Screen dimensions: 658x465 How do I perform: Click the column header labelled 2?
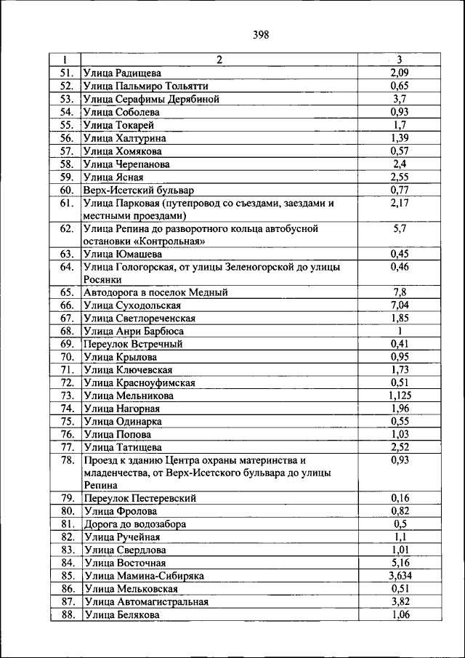[x=219, y=60]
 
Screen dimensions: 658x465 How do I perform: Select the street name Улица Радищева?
[x=122, y=73]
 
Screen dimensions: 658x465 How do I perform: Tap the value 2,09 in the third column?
[x=400, y=73]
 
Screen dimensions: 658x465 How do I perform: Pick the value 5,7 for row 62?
[x=400, y=229]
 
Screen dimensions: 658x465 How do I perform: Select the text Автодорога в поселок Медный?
[x=155, y=292]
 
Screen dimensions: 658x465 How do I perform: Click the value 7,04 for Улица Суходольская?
[x=400, y=305]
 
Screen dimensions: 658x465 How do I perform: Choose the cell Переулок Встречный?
[x=133, y=345]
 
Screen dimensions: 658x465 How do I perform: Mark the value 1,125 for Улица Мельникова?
[x=400, y=396]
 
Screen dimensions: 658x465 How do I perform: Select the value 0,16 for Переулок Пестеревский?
[x=400, y=499]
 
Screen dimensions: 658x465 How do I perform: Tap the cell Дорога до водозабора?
[x=134, y=524]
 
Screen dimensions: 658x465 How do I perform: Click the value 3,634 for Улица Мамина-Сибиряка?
[x=400, y=576]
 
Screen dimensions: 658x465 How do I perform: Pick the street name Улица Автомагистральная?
[x=145, y=602]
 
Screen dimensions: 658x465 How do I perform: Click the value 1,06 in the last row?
[x=400, y=615]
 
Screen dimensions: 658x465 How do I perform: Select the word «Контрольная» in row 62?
[x=164, y=241]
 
